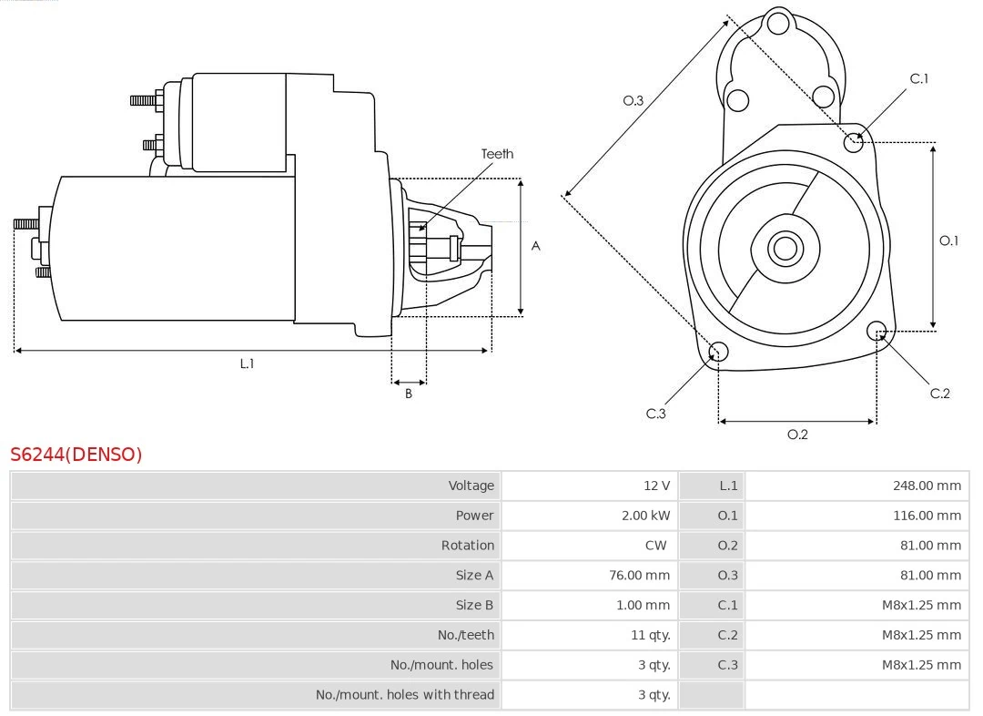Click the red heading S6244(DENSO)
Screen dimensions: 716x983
tap(76, 454)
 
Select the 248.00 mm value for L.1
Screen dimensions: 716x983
tap(926, 486)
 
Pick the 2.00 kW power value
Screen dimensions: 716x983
tap(645, 516)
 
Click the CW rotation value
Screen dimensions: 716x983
tap(655, 546)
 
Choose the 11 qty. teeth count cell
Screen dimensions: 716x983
tap(650, 635)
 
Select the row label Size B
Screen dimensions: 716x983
tap(474, 605)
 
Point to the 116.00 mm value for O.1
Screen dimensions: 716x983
tap(926, 516)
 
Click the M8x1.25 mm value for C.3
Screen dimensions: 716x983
tap(920, 665)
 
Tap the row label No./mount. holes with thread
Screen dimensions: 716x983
tap(405, 695)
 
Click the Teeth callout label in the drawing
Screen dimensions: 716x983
tap(497, 154)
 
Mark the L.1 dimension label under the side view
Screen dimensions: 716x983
tap(247, 363)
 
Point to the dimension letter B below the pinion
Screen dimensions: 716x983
tap(409, 394)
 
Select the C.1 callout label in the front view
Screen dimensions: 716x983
tap(919, 79)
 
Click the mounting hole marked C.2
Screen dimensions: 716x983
tap(877, 331)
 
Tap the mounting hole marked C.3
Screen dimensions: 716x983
tap(718, 353)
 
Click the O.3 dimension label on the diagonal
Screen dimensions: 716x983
tap(633, 101)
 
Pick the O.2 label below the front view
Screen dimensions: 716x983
tap(797, 435)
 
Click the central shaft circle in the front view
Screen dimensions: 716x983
tap(784, 248)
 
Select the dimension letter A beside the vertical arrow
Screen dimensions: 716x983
tap(535, 246)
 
